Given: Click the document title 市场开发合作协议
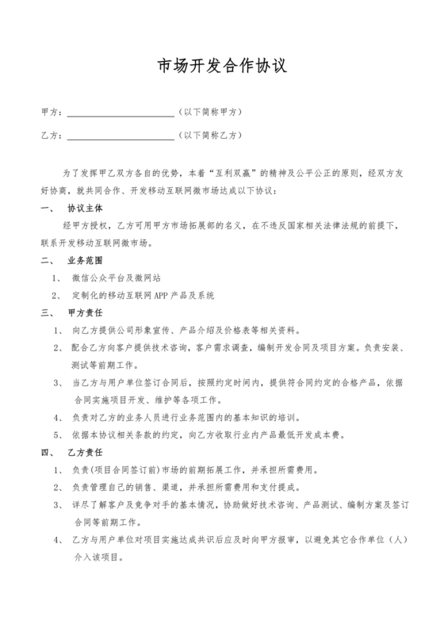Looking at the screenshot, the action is [x=222, y=67].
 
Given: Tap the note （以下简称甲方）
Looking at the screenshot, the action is [x=210, y=112].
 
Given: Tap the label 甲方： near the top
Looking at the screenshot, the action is [x=51, y=112].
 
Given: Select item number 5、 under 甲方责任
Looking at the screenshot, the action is [x=58, y=434].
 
